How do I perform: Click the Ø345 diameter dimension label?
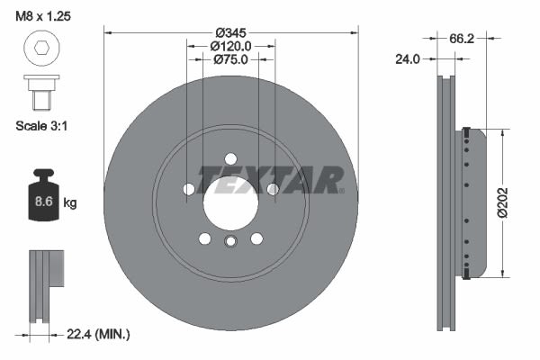pyautogui.click(x=230, y=33)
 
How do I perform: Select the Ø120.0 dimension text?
pyautogui.click(x=230, y=46)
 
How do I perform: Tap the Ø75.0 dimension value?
pyautogui.click(x=230, y=59)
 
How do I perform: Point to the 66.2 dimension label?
pyautogui.click(x=462, y=39)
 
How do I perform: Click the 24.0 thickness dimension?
pyautogui.click(x=408, y=59)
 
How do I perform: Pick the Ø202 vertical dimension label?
pyautogui.click(x=502, y=202)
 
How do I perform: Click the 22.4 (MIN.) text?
pyautogui.click(x=98, y=334)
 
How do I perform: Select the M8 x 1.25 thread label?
pyautogui.click(x=43, y=16)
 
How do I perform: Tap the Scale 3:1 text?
pyautogui.click(x=41, y=126)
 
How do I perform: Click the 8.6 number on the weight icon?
pyautogui.click(x=43, y=202)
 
